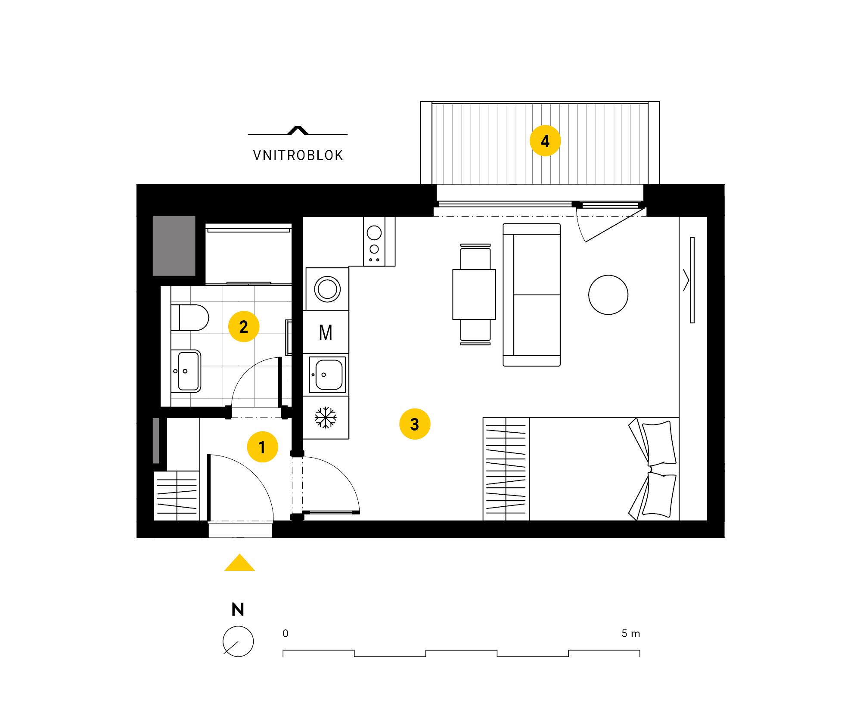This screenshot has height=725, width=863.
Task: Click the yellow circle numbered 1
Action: click(x=262, y=447)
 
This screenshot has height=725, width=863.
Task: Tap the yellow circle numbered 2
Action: click(x=244, y=326)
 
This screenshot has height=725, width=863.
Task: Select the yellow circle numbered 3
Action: click(x=415, y=424)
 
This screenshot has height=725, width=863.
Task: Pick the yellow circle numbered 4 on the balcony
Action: click(x=545, y=141)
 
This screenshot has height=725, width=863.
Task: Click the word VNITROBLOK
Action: click(x=298, y=155)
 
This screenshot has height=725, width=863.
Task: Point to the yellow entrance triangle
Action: click(x=239, y=562)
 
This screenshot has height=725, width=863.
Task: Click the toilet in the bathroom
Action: click(x=190, y=318)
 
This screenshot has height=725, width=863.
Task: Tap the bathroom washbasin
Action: click(x=186, y=371)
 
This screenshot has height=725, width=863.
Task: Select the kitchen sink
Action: click(x=327, y=375)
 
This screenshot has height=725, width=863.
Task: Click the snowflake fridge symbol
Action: click(x=326, y=418)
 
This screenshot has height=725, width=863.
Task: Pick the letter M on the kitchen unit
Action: click(x=326, y=332)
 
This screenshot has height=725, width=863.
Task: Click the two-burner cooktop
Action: click(x=374, y=242)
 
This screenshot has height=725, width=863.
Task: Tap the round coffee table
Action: click(x=608, y=295)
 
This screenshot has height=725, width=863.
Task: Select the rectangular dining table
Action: click(x=474, y=294)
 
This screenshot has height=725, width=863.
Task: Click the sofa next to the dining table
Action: click(x=532, y=295)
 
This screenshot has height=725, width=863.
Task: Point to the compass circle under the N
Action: click(x=238, y=641)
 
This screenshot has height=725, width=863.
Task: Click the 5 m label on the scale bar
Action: click(x=631, y=633)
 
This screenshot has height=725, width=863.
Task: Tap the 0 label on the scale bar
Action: click(x=286, y=633)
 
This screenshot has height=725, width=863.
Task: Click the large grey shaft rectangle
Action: click(x=174, y=245)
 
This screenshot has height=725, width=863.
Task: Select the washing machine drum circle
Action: click(x=327, y=289)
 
